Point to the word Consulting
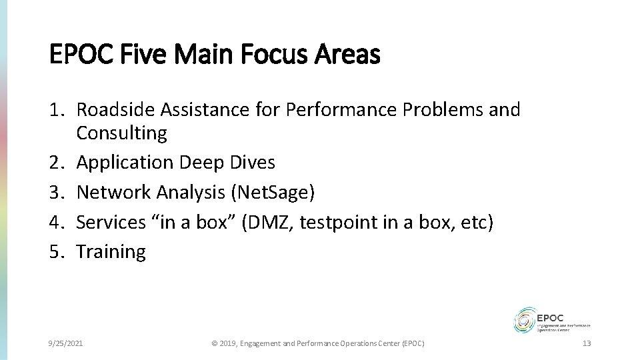coord(122,133)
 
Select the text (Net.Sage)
coord(272,192)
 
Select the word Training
coord(111,251)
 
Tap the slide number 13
coord(587,343)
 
